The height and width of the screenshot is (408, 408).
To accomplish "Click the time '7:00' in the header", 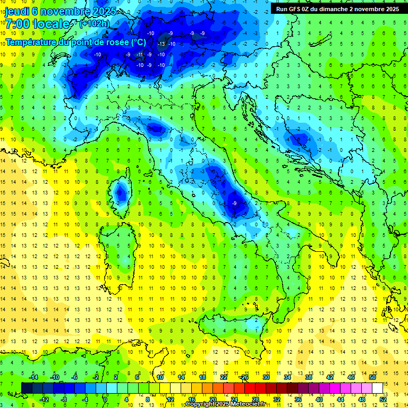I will pos(17,24).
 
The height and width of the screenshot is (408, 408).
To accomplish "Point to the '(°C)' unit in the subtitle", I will pos(138,42).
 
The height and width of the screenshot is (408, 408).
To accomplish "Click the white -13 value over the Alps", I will pos(161,44).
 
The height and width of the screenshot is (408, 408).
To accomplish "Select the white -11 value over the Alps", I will pos(140,54).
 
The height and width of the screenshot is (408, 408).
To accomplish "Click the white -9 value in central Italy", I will pos(234,203).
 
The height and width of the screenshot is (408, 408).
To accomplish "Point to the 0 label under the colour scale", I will pos(105,399).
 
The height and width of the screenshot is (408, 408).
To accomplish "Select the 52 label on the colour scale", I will pos(382,399).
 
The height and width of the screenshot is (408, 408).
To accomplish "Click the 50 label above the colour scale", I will pos(372,377).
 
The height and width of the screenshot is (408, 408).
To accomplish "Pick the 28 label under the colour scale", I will pos(255,399).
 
